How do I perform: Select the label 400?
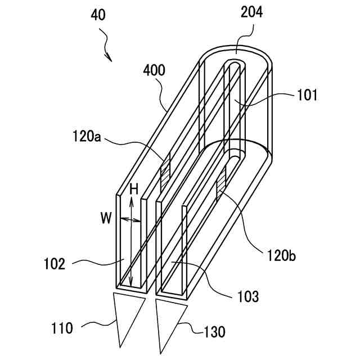point(154,71)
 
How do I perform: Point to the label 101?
point(308,96)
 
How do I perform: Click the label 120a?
point(87,136)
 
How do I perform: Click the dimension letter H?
point(133,190)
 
